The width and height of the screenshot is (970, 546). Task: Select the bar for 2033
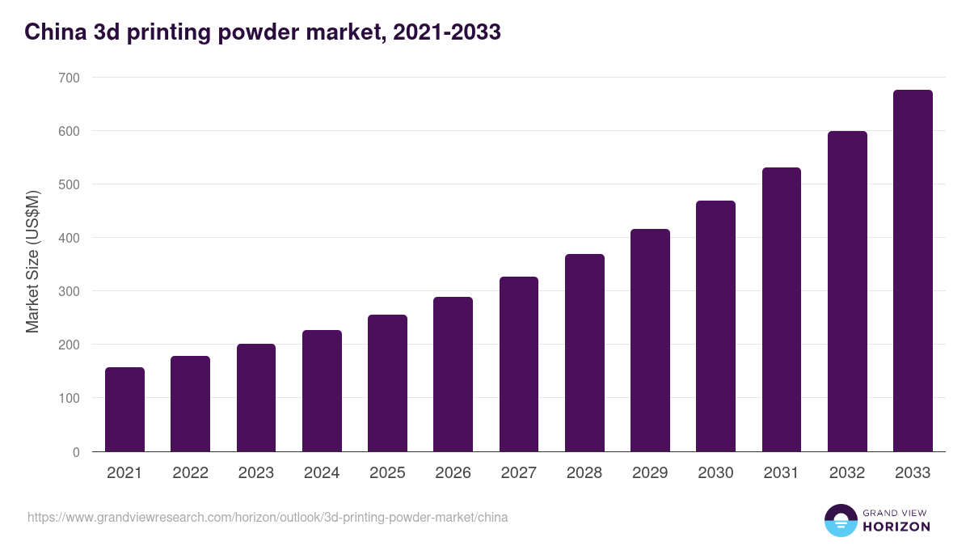[x=913, y=271]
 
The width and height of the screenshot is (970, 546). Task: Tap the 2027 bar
[x=519, y=364]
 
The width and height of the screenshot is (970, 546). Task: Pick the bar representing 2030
[x=715, y=326]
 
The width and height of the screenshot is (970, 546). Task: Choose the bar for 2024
[x=322, y=391]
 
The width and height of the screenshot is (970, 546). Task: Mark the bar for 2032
[x=847, y=291]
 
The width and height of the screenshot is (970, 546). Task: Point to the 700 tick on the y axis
[x=70, y=78]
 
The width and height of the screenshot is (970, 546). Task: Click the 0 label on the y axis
[x=76, y=452]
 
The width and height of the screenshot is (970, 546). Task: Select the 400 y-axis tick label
[x=70, y=238]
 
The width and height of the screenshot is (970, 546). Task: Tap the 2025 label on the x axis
[x=387, y=473]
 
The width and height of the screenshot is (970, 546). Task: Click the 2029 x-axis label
[x=650, y=473]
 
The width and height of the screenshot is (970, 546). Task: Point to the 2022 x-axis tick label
[x=190, y=473]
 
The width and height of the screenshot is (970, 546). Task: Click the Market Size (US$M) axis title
[x=33, y=262]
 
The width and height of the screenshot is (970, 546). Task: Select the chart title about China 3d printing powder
[x=263, y=32]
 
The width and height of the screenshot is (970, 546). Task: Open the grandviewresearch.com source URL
[x=268, y=517]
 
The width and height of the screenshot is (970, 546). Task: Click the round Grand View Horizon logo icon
[x=841, y=520]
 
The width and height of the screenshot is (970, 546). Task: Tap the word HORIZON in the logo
[x=896, y=527]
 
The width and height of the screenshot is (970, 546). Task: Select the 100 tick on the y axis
[x=70, y=398]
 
